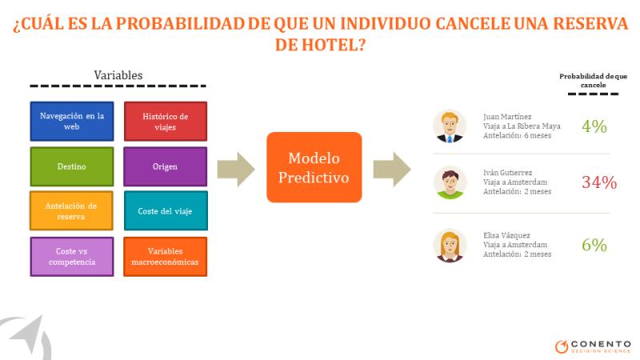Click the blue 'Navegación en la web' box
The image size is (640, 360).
[x=72, y=122]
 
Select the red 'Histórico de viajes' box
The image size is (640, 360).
[x=166, y=122]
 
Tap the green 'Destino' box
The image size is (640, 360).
[x=72, y=166]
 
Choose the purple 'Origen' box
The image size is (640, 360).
[x=166, y=166]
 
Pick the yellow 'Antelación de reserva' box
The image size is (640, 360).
[x=71, y=210]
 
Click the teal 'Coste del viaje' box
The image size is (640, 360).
[x=166, y=210]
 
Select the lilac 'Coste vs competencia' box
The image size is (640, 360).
[x=72, y=257]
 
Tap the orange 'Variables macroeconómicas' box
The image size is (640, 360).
[x=166, y=257]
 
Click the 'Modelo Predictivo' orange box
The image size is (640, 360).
[x=314, y=167]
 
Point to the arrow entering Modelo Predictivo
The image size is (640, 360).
[x=236, y=170]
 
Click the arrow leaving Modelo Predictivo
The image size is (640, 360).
[x=392, y=170]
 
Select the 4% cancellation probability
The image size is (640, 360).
[x=594, y=126]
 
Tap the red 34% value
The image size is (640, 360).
[x=599, y=182]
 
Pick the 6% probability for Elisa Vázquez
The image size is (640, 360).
[x=594, y=245]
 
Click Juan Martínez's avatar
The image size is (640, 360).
[x=450, y=126]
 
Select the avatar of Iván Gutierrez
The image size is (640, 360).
[x=450, y=182]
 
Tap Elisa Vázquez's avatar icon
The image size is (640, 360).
[x=450, y=246]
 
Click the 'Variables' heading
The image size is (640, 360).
[x=118, y=75]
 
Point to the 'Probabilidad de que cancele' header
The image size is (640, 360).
[x=593, y=81]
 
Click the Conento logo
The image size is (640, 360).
[x=593, y=346]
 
